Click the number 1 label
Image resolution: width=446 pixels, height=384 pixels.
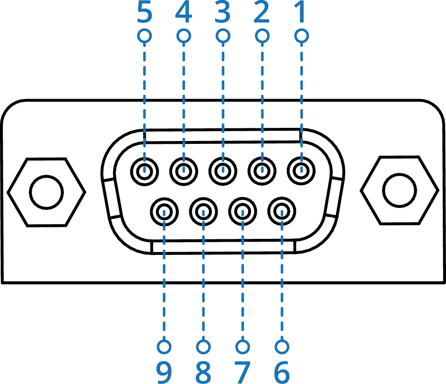(302, 14)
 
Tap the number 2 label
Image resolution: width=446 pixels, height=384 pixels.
(262, 14)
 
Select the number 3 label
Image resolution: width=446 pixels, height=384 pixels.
(223, 14)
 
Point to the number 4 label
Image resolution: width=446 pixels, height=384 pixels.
(184, 14)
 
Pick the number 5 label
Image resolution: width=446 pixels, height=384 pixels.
(144, 14)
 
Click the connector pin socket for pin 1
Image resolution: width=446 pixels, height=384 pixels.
(301, 170)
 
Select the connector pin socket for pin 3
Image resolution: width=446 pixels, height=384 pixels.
(223, 170)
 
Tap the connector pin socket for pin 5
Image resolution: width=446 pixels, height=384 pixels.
(144, 170)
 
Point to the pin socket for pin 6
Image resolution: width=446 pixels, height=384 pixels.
(282, 212)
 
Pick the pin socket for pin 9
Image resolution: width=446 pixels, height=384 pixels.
(164, 212)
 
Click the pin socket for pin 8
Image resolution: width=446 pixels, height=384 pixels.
(203, 212)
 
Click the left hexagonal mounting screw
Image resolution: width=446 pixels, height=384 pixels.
(46, 192)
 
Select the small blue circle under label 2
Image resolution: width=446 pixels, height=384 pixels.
(262, 36)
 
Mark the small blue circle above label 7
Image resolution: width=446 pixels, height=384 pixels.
(243, 347)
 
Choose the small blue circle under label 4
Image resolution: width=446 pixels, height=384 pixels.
(184, 36)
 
